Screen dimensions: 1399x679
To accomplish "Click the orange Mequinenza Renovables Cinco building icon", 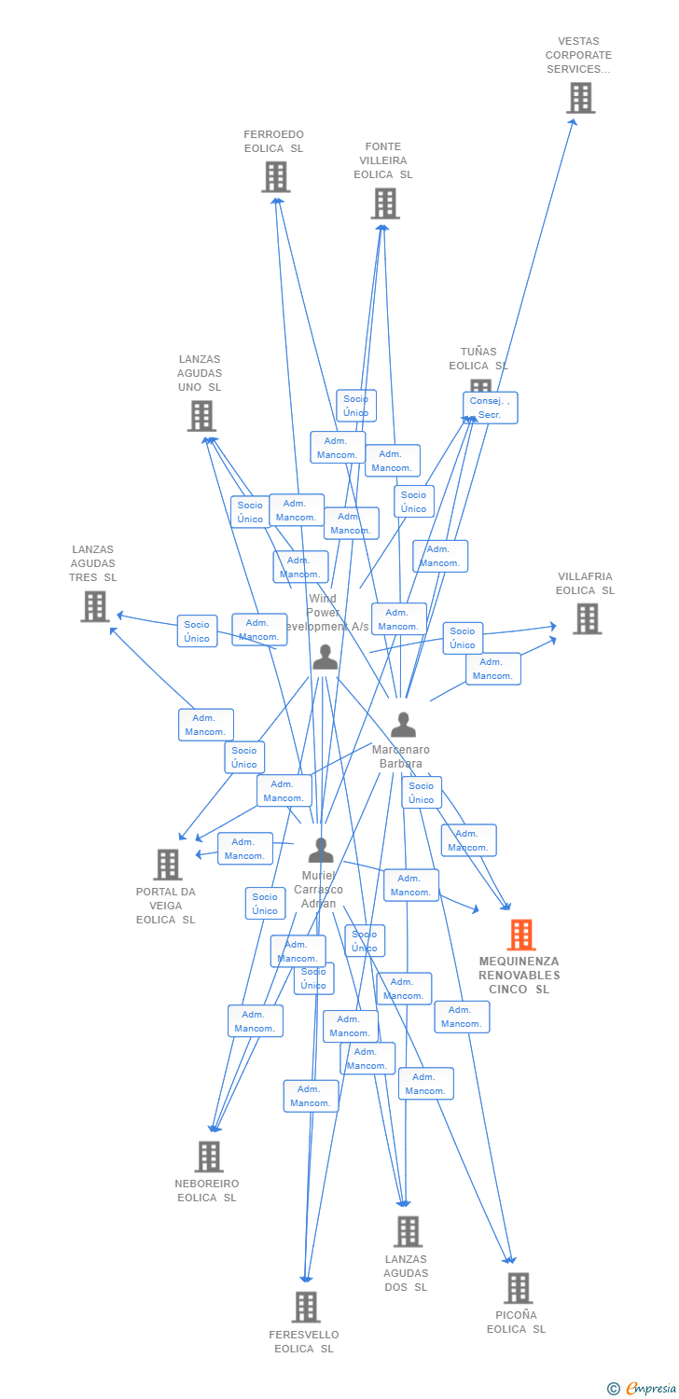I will pyautogui.click(x=520, y=935).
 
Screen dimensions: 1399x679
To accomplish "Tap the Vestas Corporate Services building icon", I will pyautogui.click(x=580, y=97).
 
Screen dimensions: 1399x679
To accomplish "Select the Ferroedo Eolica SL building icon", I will pyautogui.click(x=275, y=176).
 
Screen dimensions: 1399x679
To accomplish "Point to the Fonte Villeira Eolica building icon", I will pyautogui.click(x=384, y=202).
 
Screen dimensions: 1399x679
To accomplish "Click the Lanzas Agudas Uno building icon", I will pyautogui.click(x=201, y=416).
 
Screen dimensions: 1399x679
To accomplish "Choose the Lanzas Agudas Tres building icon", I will pyautogui.click(x=94, y=606).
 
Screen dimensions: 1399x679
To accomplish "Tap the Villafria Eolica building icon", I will pyautogui.click(x=587, y=618).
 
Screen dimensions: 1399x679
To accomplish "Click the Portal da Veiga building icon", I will pyautogui.click(x=167, y=865).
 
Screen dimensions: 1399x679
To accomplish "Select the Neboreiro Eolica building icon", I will pyautogui.click(x=208, y=1157).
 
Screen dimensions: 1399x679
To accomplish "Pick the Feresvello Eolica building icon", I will pyautogui.click(x=305, y=1307).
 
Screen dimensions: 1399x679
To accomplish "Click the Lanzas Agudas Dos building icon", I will pyautogui.click(x=407, y=1231).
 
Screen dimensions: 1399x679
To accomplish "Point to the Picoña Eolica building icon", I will pyautogui.click(x=518, y=1288).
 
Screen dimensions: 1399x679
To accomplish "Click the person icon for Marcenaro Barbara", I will pyautogui.click(x=403, y=725).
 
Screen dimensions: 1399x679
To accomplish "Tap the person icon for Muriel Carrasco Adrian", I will pyautogui.click(x=321, y=850).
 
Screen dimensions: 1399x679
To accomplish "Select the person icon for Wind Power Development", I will pyautogui.click(x=325, y=658).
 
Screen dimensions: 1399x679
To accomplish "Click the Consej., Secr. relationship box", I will pyautogui.click(x=490, y=408).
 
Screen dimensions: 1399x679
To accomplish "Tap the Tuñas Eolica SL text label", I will pyautogui.click(x=478, y=359).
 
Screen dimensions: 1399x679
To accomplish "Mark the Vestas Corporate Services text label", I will pyautogui.click(x=579, y=55).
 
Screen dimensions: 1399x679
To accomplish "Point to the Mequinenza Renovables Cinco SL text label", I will pyautogui.click(x=520, y=975).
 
